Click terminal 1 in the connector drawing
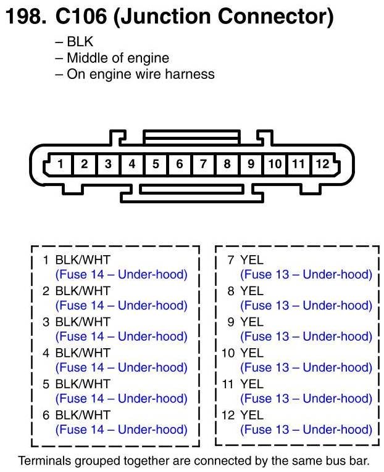(61, 164)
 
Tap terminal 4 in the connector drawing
(132, 164)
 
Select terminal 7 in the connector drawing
(203, 164)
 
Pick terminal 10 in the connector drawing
(275, 164)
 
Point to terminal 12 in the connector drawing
(322, 164)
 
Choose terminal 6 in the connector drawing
(180, 164)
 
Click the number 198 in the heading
(23, 17)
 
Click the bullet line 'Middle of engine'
(117, 59)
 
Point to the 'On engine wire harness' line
(140, 75)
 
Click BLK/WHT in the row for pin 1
(83, 260)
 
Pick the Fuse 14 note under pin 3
(121, 336)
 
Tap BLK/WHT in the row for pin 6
(83, 415)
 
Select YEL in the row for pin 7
(251, 260)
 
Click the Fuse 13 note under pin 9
(306, 336)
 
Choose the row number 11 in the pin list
(228, 384)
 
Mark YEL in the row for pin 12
(251, 415)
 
